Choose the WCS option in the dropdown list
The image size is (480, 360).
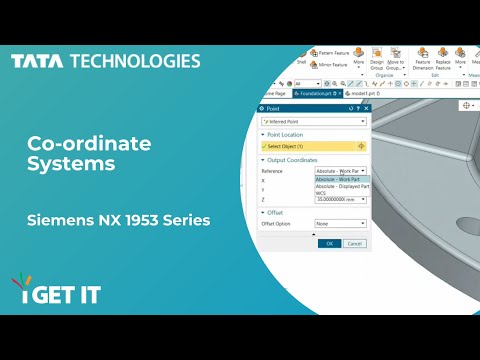[x=323, y=193]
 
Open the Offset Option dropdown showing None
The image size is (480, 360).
[x=340, y=224]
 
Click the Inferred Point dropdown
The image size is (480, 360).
[x=312, y=121]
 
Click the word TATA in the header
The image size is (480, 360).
[x=37, y=61]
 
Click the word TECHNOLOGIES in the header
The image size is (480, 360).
[x=134, y=61]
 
